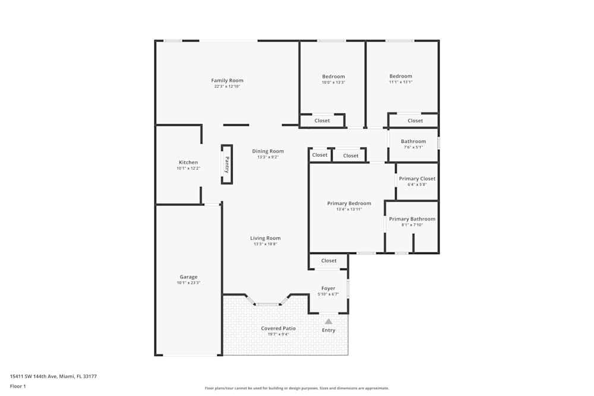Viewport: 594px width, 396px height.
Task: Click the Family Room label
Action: (x=228, y=81)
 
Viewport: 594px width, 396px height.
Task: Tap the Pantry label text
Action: (x=227, y=164)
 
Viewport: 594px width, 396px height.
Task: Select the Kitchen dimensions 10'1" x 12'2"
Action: (x=188, y=169)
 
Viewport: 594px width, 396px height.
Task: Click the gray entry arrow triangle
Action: (x=328, y=321)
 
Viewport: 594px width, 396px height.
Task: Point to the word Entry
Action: (x=328, y=331)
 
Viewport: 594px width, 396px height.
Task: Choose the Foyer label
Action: (x=328, y=289)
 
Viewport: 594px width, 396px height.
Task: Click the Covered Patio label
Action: (x=278, y=328)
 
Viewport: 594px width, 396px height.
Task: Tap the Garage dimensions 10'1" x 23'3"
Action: (x=188, y=283)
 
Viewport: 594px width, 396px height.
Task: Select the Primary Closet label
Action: (x=417, y=179)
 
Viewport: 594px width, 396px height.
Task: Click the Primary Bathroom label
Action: (x=412, y=219)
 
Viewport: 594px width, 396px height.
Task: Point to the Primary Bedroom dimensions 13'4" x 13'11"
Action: (x=349, y=210)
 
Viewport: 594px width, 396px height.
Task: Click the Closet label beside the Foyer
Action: (x=329, y=261)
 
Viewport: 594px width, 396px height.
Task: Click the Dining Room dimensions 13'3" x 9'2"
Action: (x=267, y=157)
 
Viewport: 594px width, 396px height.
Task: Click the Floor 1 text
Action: (x=18, y=386)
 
